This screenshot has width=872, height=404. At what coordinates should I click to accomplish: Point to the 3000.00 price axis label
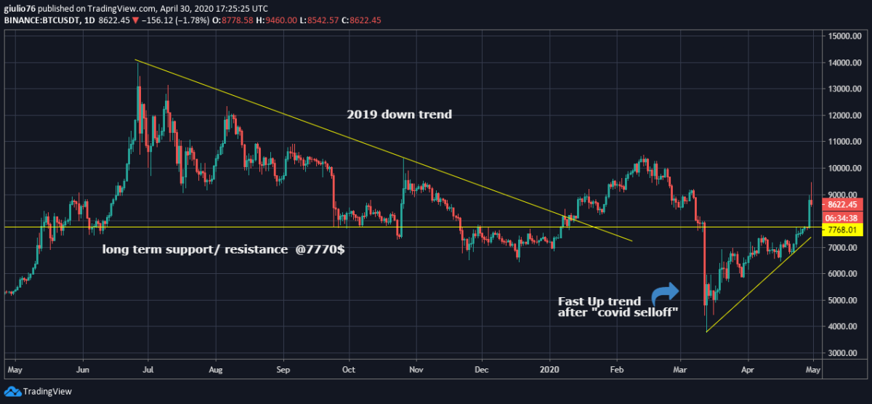point(843,353)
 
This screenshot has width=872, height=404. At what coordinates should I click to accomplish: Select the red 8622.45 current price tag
point(843,204)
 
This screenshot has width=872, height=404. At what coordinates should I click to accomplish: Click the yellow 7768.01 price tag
point(843,230)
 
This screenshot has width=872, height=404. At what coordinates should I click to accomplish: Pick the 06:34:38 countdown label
point(843,217)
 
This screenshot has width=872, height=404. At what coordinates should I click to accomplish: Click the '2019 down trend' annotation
point(399,114)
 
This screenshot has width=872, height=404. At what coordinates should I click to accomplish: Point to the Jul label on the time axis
point(148,369)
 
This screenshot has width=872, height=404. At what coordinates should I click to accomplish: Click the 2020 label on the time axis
point(551,369)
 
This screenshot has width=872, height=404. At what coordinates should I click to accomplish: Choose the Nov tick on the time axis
point(416,369)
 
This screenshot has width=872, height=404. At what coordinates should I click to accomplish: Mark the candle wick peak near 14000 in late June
point(138,64)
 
